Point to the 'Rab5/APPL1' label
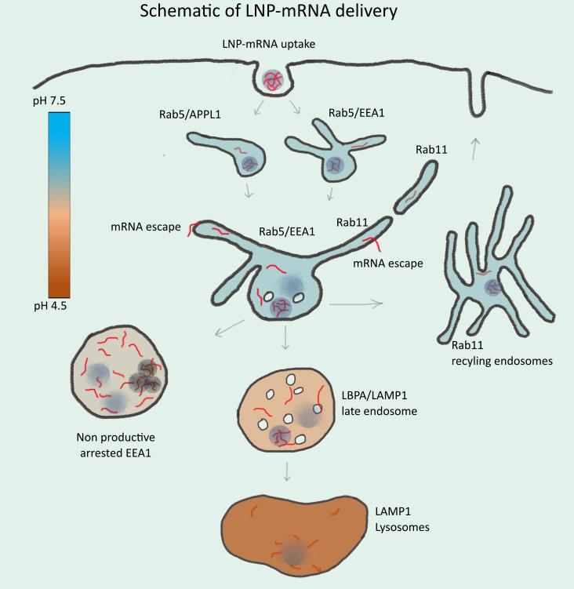[x=201, y=115]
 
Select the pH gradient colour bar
[x=59, y=205]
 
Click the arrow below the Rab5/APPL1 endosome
[x=249, y=192]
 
